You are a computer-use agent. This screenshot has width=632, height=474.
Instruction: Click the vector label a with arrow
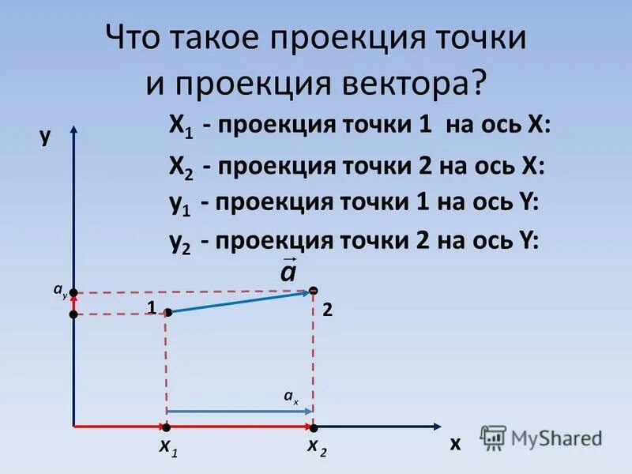pyautogui.click(x=288, y=271)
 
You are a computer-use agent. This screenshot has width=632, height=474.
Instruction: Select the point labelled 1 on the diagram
pyautogui.click(x=168, y=313)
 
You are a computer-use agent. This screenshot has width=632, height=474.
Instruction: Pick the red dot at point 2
pyautogui.click(x=314, y=292)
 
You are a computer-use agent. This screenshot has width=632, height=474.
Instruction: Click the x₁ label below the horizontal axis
pyautogui.click(x=168, y=448)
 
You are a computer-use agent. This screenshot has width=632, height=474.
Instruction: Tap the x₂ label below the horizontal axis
pyautogui.click(x=317, y=447)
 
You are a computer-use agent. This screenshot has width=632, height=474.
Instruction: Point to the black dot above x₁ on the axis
pyautogui.click(x=167, y=427)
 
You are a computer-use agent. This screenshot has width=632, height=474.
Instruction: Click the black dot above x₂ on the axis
pyautogui.click(x=314, y=427)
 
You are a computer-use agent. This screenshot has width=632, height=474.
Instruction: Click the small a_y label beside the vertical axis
pyautogui.click(x=60, y=291)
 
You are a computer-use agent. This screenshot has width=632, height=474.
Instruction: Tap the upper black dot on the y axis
pyautogui.click(x=73, y=293)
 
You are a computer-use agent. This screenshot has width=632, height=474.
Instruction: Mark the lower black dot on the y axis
pyautogui.click(x=73, y=314)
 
